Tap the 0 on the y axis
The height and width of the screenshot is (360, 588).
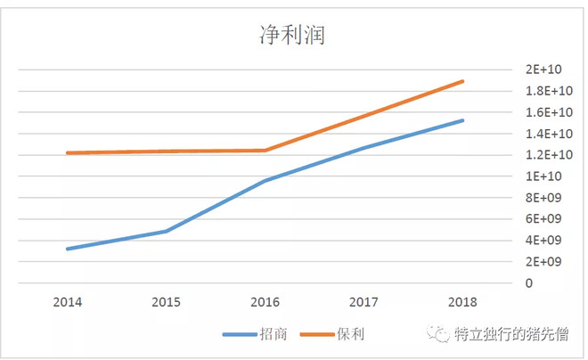tap(529, 283)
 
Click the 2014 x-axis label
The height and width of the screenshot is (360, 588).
tap(68, 303)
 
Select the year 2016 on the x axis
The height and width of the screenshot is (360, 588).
tap(265, 303)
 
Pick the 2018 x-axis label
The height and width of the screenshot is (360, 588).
tap(463, 303)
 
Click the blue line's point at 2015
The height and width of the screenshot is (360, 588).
tap(167, 231)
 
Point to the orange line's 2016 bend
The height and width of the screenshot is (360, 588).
tap(265, 151)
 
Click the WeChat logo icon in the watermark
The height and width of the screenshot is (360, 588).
tap(438, 333)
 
